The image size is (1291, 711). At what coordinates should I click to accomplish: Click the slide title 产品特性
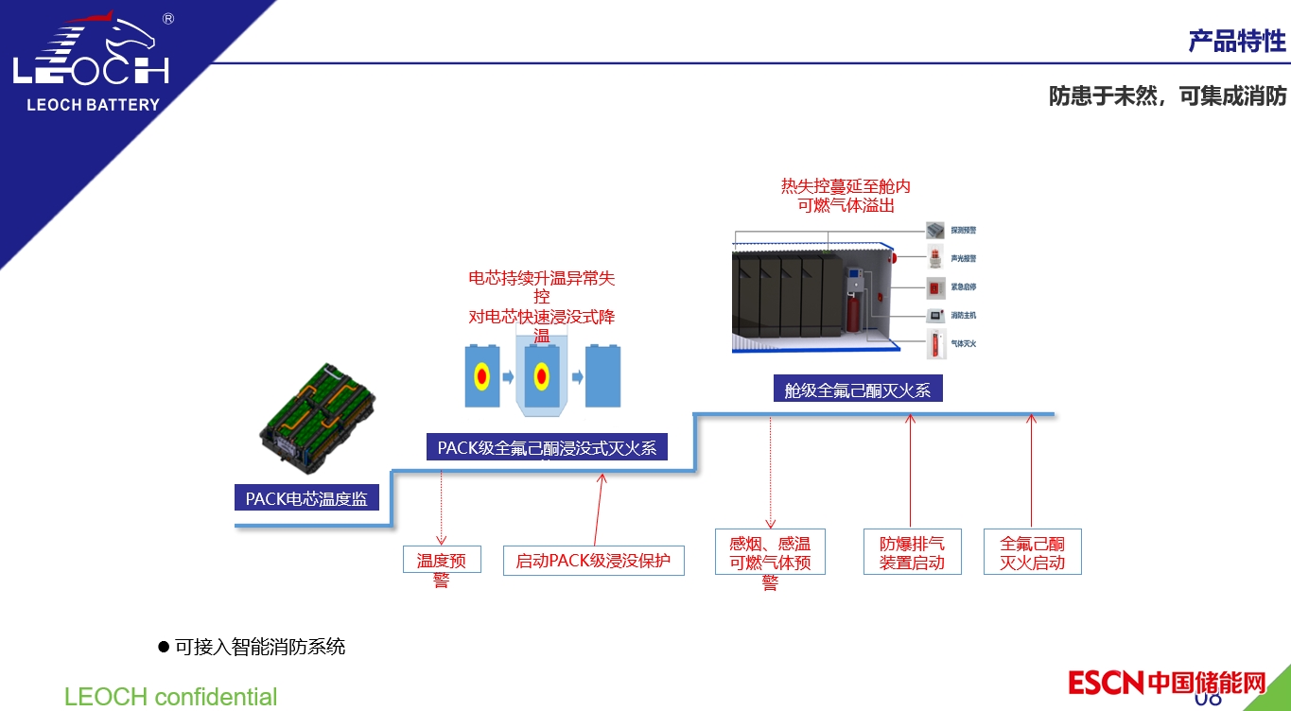(x=1236, y=42)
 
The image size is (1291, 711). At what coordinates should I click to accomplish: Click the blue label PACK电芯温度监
(x=306, y=498)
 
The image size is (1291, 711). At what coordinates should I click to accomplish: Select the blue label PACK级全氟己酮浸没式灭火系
(x=547, y=447)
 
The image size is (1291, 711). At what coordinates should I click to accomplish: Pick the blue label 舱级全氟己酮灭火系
(x=857, y=390)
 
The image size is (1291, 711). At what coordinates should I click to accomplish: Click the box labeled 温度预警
(x=442, y=560)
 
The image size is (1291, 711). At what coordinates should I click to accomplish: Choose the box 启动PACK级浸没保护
(x=593, y=561)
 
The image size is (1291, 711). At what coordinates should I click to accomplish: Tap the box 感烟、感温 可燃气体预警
(x=770, y=553)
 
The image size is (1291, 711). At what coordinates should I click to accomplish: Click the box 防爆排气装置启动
(x=912, y=553)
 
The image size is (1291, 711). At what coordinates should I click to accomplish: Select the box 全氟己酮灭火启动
(x=1032, y=553)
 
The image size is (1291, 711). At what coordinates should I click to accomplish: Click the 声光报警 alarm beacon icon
(x=934, y=258)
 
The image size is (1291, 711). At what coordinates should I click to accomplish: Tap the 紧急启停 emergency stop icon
(x=934, y=287)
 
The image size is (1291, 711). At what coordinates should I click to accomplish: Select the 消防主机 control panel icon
(x=934, y=316)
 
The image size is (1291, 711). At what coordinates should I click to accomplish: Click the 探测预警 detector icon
(x=934, y=230)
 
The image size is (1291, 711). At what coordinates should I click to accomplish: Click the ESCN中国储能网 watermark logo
(x=1166, y=682)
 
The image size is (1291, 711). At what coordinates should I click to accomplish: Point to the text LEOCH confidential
(x=170, y=697)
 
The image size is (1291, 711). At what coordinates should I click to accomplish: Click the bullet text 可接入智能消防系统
(x=260, y=647)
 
